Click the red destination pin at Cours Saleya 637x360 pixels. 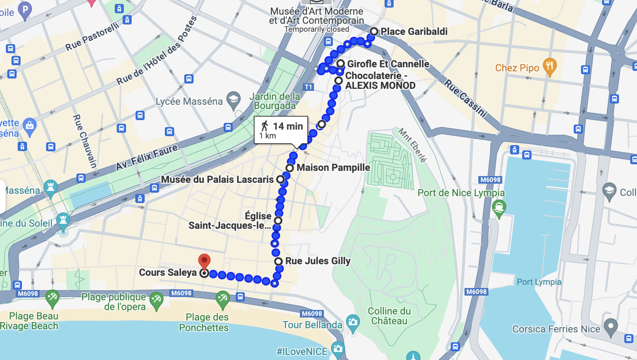coord(204,260)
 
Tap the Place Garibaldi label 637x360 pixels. coord(414,31)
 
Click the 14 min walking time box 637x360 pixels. coord(281,130)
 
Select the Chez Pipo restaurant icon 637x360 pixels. coord(549,66)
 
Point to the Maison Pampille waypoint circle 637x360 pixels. coord(290,168)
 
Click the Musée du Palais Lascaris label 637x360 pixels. coord(217,179)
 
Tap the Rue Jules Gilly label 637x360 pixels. coord(318,261)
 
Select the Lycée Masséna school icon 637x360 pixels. coord(233,100)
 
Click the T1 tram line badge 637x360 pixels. coord(308,87)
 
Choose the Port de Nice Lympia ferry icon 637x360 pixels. coord(499,208)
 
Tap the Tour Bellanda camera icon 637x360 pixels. coord(353,322)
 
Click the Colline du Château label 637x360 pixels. coord(389,316)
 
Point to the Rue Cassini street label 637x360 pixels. coord(465,98)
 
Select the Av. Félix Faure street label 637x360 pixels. coord(147,157)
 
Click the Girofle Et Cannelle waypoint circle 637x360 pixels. coord(340,64)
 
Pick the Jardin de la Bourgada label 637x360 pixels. coord(275,101)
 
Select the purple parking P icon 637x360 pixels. coord(25,10)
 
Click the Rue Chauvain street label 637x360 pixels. coord(85,141)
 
